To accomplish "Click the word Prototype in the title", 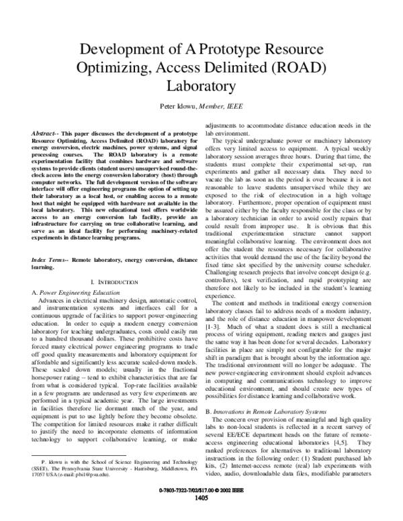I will [x=220, y=49].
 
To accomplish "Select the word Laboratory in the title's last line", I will [x=201, y=87].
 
